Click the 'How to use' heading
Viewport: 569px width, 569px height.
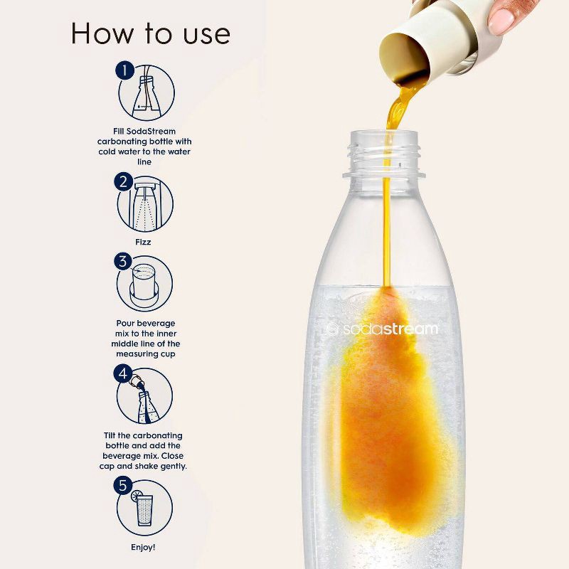[149, 33]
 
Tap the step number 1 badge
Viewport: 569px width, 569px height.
[125, 71]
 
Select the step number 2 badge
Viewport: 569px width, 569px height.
[124, 182]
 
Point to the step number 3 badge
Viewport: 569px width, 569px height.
[124, 262]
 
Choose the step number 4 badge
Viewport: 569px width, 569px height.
[124, 373]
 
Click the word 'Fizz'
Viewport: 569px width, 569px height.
[144, 242]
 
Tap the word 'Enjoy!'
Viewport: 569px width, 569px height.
[144, 548]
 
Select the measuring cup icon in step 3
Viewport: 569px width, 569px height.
[145, 284]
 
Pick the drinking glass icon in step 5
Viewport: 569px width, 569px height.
[146, 511]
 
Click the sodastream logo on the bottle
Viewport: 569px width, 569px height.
[382, 329]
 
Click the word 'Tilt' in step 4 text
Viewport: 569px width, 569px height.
[114, 435]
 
